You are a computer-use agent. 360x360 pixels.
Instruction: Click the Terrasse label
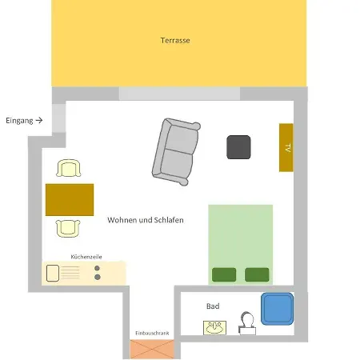(x=174, y=40)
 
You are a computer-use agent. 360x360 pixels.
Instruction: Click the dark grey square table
(x=238, y=147)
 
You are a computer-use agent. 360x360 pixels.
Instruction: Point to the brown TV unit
(x=286, y=147)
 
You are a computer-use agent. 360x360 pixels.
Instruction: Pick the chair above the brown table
(x=70, y=169)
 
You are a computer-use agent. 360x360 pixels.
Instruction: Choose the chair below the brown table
(x=70, y=228)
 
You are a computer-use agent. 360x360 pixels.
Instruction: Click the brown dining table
(x=70, y=199)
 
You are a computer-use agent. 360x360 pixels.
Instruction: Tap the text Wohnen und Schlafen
(x=146, y=220)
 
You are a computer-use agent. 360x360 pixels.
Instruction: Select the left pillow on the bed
(x=224, y=274)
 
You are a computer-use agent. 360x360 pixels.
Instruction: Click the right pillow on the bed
(x=257, y=274)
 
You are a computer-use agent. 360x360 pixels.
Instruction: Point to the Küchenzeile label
(x=86, y=257)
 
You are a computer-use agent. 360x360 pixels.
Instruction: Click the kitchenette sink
(x=54, y=272)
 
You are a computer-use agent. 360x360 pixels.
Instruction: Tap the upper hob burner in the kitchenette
(x=98, y=267)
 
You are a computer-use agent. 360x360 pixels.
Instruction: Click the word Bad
(x=213, y=306)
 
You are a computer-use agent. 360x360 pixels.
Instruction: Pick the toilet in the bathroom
(x=247, y=322)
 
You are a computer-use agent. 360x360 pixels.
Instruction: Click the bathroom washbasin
(x=214, y=326)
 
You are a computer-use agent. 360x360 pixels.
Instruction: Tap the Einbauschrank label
(x=151, y=332)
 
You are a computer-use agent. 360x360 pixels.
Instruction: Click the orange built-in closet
(x=151, y=349)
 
